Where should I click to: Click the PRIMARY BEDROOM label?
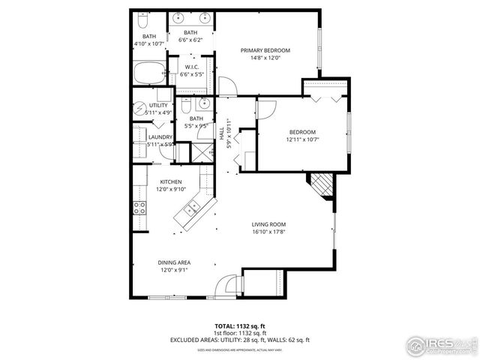pos(265,50)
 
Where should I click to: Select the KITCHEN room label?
pos(170,182)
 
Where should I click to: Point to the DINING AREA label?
pos(173,262)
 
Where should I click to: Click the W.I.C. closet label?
pos(191,68)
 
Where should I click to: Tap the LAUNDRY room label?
pos(160,136)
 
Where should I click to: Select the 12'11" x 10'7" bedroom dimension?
pos(303,139)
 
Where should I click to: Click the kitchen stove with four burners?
pos(139,208)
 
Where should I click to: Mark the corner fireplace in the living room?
pos(322,183)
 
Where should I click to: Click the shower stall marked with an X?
pos(202,152)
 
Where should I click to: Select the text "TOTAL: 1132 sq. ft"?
pos(239,326)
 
